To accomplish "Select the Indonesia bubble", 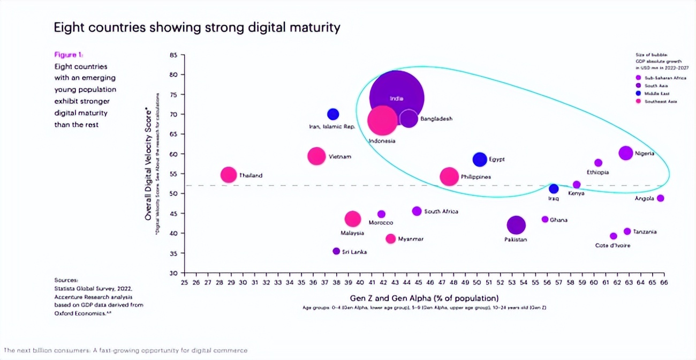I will point(382,121).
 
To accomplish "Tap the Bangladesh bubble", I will point(408,118).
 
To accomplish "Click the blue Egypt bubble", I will point(480,159).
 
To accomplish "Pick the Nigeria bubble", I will point(625,153).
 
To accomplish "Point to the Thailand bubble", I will point(229,175).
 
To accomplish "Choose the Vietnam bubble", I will point(316,156).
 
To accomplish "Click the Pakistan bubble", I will point(516,226).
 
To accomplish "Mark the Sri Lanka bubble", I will point(336,251).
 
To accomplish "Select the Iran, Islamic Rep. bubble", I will point(333,114).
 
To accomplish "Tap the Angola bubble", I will point(660,198).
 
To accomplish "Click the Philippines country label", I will point(475,176).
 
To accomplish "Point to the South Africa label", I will point(441,212).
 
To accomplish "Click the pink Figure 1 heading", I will point(69,55).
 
